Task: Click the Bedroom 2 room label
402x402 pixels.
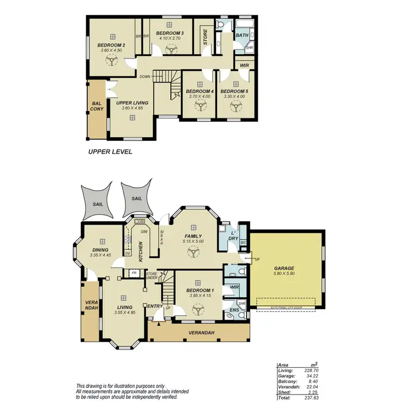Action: pyautogui.click(x=111, y=45)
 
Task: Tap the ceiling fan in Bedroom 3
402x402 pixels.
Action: pyautogui.click(x=171, y=49)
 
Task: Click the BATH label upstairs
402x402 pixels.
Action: pyautogui.click(x=242, y=35)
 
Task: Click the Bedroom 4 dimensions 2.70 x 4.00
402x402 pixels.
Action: pyautogui.click(x=200, y=97)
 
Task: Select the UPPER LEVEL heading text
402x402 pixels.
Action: pyautogui.click(x=110, y=152)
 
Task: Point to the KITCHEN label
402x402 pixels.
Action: pyautogui.click(x=140, y=251)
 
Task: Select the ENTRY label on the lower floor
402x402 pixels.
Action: pyautogui.click(x=155, y=306)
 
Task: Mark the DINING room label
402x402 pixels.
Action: pyautogui.click(x=100, y=250)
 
